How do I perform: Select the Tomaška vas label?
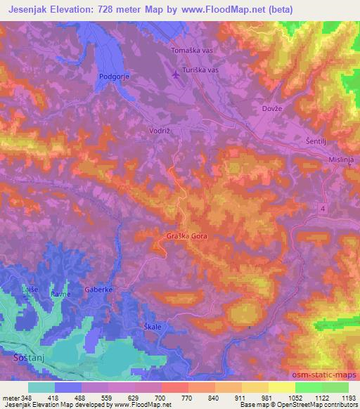click(x=193, y=51)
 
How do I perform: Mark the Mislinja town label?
click(x=343, y=161)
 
